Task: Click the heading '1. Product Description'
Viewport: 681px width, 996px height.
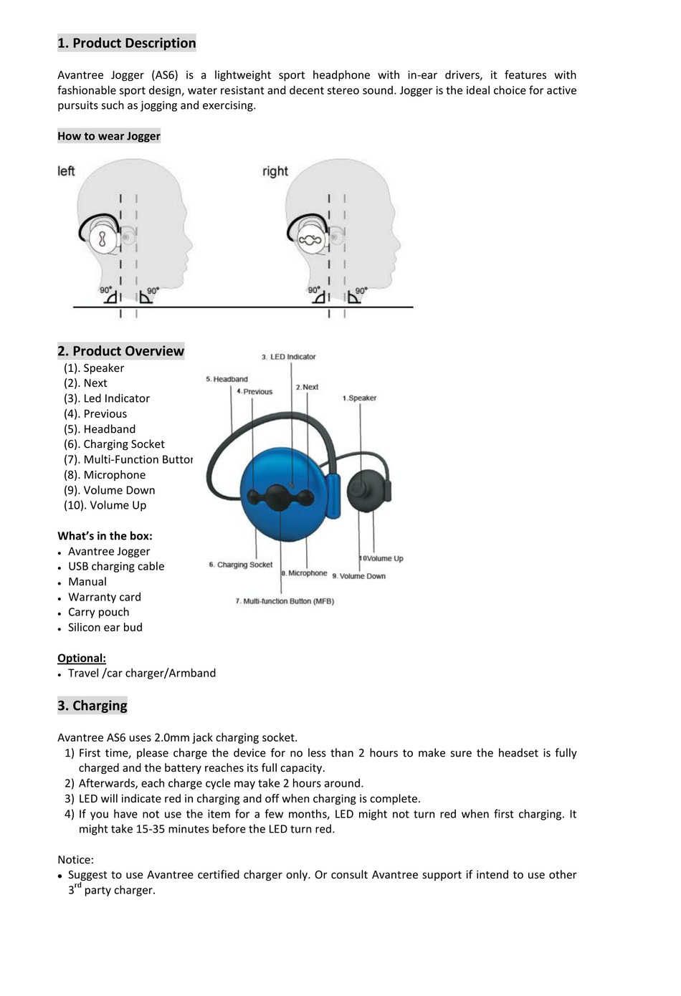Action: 126,43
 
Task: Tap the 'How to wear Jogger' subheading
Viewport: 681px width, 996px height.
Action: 109,136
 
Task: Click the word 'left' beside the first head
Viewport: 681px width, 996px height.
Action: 66,171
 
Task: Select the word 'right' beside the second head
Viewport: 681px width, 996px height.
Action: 275,171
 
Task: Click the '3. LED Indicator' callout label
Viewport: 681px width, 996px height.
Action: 288,357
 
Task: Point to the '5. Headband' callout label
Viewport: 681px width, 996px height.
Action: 227,379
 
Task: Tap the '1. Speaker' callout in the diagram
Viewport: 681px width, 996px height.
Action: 359,398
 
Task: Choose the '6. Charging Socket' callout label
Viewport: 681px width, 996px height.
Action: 241,565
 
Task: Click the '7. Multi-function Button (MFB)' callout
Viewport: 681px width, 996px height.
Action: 285,601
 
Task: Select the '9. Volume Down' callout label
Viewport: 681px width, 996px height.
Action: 358,576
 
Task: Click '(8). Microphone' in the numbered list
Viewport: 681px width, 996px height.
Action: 105,475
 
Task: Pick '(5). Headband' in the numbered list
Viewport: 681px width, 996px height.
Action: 100,429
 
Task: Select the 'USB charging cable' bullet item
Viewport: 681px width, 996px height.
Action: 116,567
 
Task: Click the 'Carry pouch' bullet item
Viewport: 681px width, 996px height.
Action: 99,613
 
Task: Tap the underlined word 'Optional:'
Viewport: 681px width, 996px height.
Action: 82,659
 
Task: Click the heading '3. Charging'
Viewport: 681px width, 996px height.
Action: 92,706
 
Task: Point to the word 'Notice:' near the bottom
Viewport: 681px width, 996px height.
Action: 76,860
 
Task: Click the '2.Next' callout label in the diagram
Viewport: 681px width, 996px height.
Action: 307,387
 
